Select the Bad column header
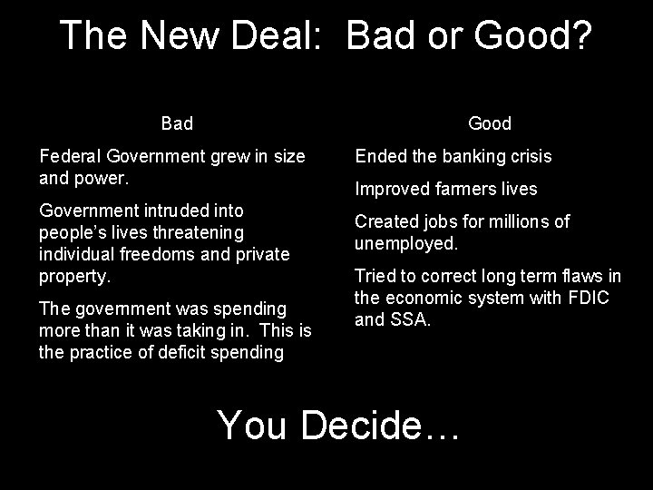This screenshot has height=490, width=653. (x=177, y=122)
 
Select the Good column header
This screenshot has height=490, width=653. (x=490, y=122)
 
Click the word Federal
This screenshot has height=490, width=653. (x=71, y=156)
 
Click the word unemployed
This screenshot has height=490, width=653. (x=406, y=243)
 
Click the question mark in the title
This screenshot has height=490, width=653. (x=580, y=35)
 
